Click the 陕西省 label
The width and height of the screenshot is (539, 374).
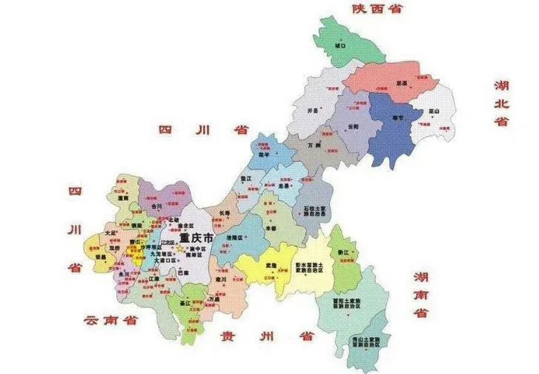[377, 9]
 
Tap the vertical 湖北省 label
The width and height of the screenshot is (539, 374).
[502, 103]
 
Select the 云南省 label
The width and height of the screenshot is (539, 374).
[111, 321]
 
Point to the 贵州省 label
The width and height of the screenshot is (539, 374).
[267, 336]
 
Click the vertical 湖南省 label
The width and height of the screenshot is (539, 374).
[421, 295]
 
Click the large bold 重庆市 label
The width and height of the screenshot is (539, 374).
[196, 238]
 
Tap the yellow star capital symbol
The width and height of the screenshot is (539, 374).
[180, 249]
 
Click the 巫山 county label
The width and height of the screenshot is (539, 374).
[434, 111]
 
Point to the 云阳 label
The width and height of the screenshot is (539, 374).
[353, 127]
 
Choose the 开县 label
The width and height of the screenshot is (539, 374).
[312, 111]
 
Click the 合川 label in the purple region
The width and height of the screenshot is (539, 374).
[157, 206]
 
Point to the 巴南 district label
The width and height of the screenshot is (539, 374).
[183, 273]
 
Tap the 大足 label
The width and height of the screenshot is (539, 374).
[109, 233]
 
